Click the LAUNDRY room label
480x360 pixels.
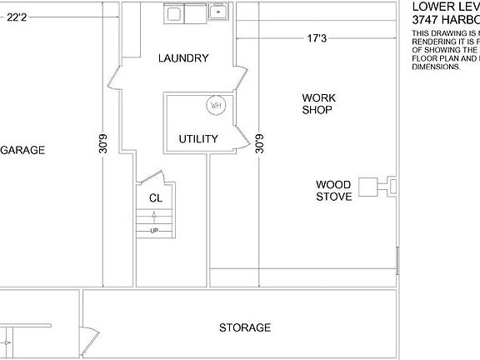183,58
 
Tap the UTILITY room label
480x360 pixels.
198,139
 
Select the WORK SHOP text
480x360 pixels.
317,104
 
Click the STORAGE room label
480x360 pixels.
245,327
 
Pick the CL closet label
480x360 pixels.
155,198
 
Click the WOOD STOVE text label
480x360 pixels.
333,191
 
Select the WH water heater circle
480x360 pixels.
216,106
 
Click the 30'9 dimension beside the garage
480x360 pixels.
102,143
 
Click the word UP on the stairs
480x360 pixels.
154,231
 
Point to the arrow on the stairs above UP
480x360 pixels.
154,218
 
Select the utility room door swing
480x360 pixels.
241,137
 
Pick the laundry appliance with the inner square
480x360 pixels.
175,12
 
